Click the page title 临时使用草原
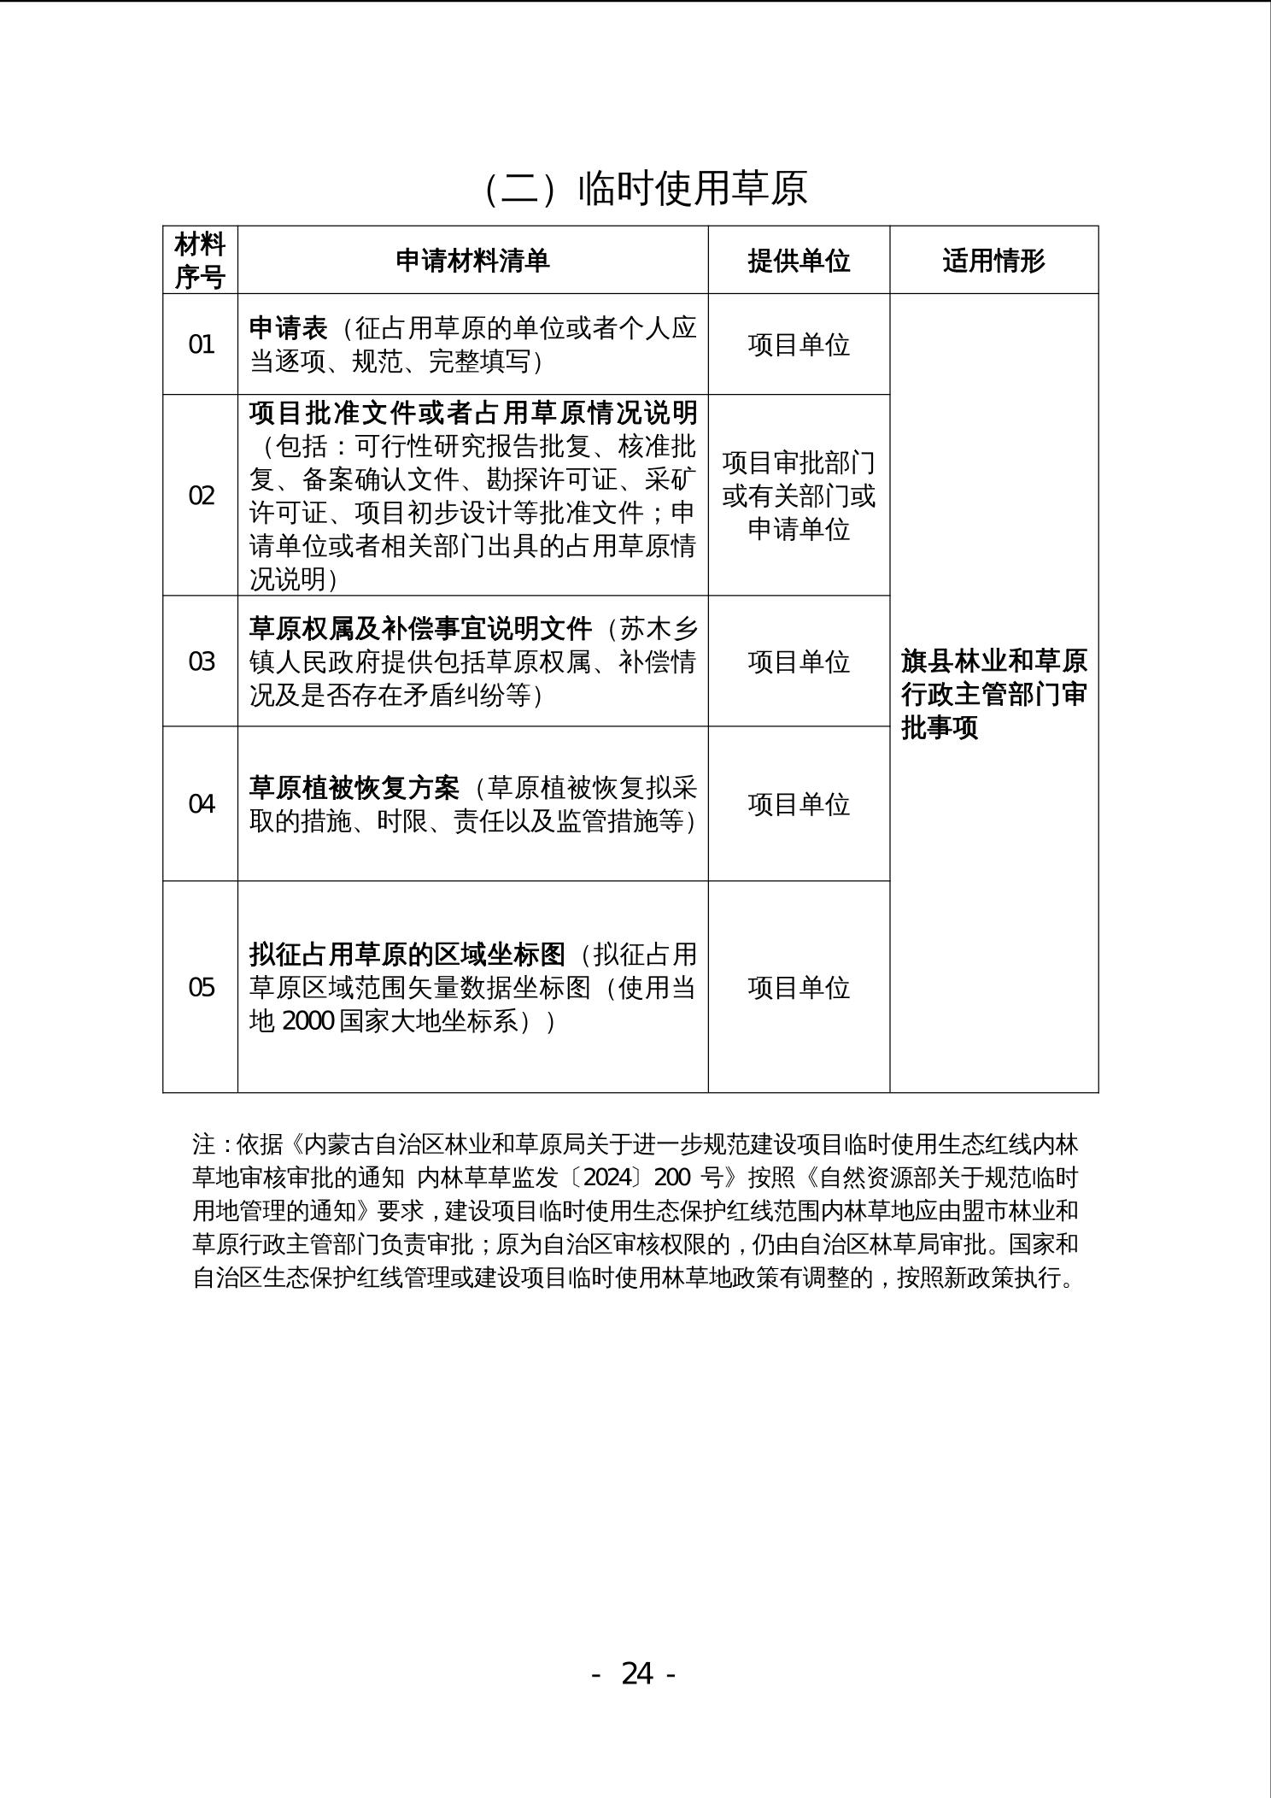646,187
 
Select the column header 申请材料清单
472,261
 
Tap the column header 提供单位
799,261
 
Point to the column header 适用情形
993,261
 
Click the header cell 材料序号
200,261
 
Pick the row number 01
201,344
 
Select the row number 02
201,496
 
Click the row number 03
201,661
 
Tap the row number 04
201,804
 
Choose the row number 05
201,988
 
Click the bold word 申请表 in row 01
288,328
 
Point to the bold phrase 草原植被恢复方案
354,787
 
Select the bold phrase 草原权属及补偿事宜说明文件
420,629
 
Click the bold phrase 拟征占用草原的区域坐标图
407,954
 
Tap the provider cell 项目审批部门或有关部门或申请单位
799,496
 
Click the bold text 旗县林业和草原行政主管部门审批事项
993,694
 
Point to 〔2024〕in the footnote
602,1178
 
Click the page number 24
636,1672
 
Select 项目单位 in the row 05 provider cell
799,988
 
